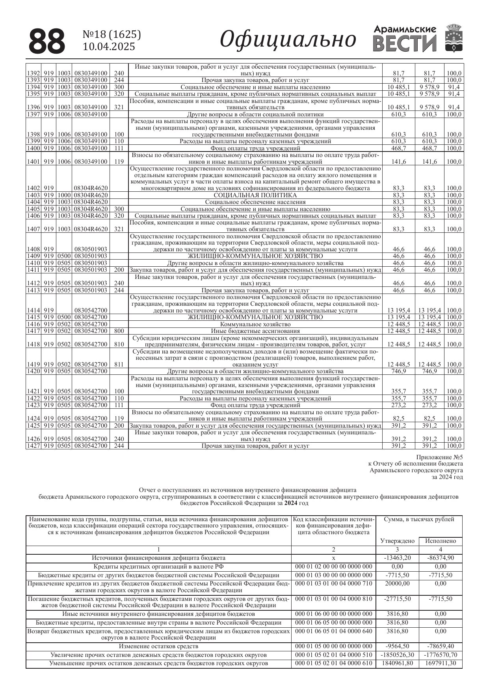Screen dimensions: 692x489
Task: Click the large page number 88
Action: pos(47,41)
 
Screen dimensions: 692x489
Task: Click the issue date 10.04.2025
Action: pos(109,47)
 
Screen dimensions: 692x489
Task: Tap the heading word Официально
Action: pos(288,39)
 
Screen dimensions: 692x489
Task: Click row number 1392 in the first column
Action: pos(33,73)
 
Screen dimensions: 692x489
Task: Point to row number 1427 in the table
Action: pos(33,446)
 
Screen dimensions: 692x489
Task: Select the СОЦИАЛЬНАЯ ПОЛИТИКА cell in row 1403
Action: pos(255,195)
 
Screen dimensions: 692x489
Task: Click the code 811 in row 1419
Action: pos(119,365)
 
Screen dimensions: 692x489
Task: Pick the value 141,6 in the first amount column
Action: pos(398,162)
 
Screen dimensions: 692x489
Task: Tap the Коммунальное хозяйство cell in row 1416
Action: pos(255,324)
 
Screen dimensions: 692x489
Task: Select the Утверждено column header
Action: pos(397,541)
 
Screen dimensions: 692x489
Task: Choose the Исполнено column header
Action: pos(440,541)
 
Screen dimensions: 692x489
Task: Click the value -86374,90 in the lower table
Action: pos(440,558)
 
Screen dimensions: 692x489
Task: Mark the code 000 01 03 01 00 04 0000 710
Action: pos(333,584)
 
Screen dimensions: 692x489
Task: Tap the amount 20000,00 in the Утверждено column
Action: pos(397,584)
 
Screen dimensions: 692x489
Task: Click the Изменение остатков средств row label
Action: pos(158,646)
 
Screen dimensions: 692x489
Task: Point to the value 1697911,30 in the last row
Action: pos(440,663)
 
